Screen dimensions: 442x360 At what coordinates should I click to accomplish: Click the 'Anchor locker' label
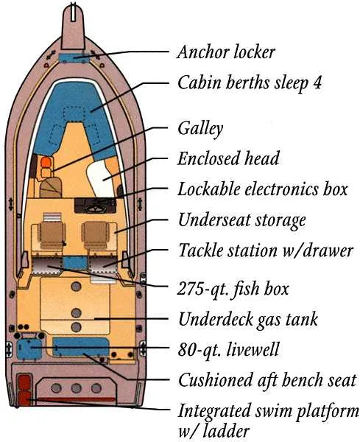click(x=226, y=52)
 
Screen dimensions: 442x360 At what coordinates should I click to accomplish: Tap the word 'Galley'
click(x=200, y=128)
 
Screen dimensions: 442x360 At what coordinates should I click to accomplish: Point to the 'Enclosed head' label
click(x=228, y=158)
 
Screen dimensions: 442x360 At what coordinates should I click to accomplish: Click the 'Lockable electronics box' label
click(x=262, y=189)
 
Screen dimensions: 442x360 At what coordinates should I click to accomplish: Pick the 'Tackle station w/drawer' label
click(x=266, y=250)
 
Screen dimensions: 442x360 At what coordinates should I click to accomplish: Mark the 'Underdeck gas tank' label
click(x=248, y=319)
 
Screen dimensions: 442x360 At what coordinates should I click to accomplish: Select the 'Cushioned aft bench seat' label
click(x=267, y=380)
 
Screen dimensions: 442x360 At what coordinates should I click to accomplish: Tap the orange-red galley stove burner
click(x=45, y=162)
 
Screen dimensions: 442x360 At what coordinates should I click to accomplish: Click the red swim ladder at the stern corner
click(x=24, y=390)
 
